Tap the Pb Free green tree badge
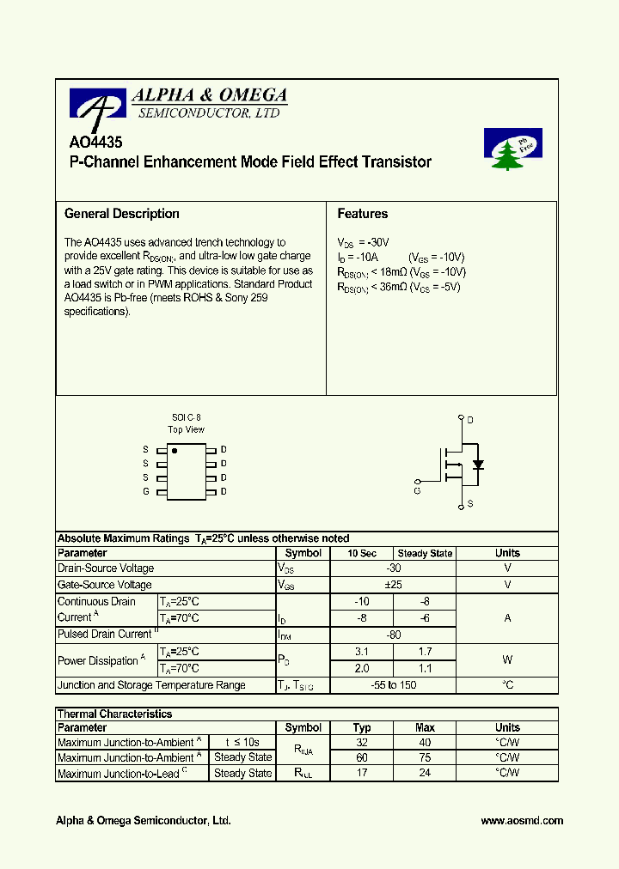pyautogui.click(x=512, y=149)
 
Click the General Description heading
pyautogui.click(x=122, y=214)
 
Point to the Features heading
pyautogui.click(x=362, y=214)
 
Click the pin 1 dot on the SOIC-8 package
pyautogui.click(x=175, y=450)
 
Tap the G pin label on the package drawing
pyautogui.click(x=146, y=491)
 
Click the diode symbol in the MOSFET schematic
pyautogui.click(x=478, y=465)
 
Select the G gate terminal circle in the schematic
pyautogui.click(x=417, y=482)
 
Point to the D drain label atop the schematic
pyautogui.click(x=469, y=420)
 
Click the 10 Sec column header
pyautogui.click(x=362, y=554)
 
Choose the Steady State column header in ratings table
pyautogui.click(x=425, y=554)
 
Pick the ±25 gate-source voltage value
pyautogui.click(x=394, y=585)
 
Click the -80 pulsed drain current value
pyautogui.click(x=394, y=635)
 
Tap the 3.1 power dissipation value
pyautogui.click(x=362, y=652)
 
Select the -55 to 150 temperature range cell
pyautogui.click(x=394, y=685)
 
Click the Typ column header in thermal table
pyautogui.click(x=362, y=728)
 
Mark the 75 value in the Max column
pyautogui.click(x=425, y=757)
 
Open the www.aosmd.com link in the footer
pyautogui.click(x=522, y=821)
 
